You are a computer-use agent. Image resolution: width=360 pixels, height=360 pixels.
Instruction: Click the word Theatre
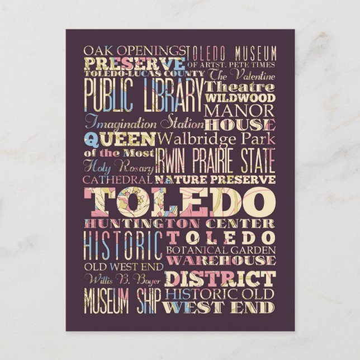(x=240, y=87)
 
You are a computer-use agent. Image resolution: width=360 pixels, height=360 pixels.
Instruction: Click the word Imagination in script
(x=122, y=123)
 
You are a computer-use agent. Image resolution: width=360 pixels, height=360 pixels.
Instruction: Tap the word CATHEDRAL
(x=117, y=180)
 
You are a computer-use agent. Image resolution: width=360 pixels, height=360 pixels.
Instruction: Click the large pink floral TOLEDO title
(x=179, y=202)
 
